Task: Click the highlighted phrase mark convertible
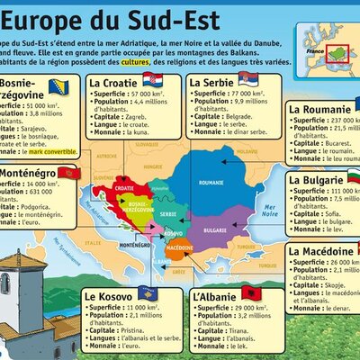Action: click(53, 150)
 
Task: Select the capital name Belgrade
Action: click(238, 117)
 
